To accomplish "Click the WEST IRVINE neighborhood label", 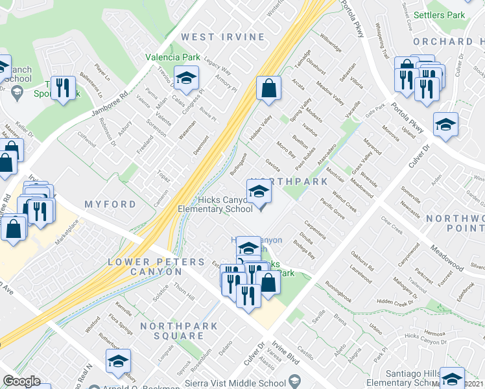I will click(x=223, y=37).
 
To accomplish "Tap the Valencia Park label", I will click(x=172, y=57).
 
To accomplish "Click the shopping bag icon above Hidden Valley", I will click(x=268, y=88).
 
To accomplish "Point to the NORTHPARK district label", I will click(x=289, y=182).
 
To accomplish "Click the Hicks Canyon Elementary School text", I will click(x=216, y=205).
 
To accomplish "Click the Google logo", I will click(x=21, y=381).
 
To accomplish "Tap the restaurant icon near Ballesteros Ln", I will click(x=62, y=88).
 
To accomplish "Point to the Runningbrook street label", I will click(x=338, y=291).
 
